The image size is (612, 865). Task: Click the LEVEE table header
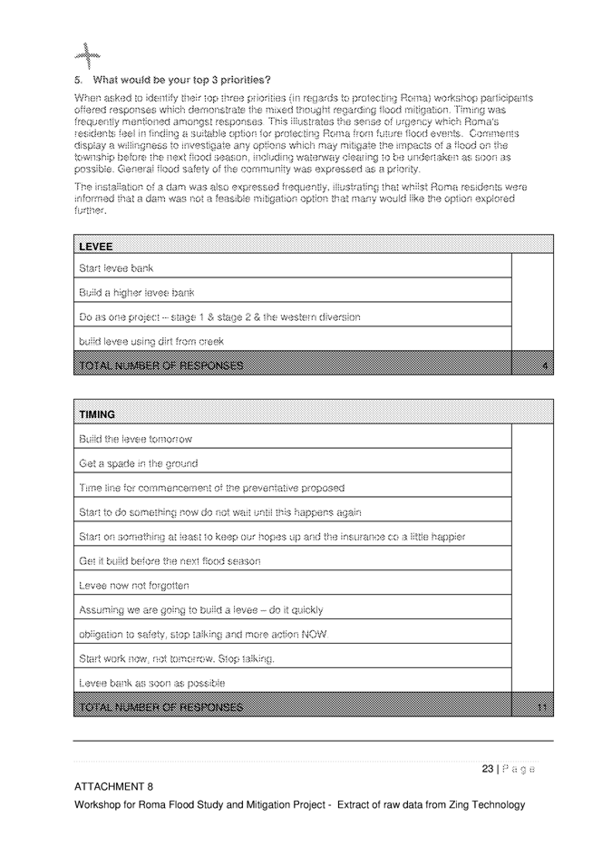click(x=96, y=246)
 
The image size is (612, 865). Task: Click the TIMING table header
click(x=98, y=414)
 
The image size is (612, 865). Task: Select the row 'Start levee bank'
click(x=116, y=268)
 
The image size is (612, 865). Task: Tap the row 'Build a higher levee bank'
click(x=137, y=293)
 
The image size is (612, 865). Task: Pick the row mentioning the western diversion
click(x=219, y=317)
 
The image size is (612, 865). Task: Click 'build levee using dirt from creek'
click(x=151, y=342)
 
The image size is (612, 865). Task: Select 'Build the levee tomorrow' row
click(x=136, y=439)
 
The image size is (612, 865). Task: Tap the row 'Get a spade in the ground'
click(x=139, y=463)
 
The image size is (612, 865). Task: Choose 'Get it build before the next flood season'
click(x=170, y=561)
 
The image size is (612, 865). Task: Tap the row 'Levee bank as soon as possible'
click(x=152, y=683)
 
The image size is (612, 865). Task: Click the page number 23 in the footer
click(x=488, y=769)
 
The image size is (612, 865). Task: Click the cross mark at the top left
click(x=89, y=54)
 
